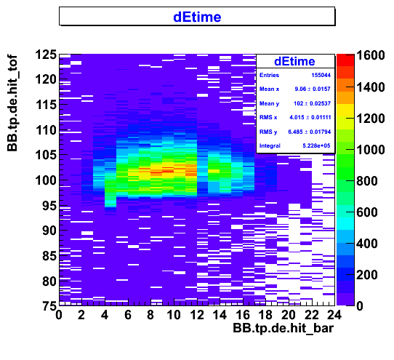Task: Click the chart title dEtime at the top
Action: (x=197, y=17)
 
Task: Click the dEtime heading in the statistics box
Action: (x=294, y=61)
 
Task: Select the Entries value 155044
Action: (x=321, y=75)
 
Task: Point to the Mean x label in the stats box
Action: (x=269, y=89)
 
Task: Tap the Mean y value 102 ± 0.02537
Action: (x=312, y=103)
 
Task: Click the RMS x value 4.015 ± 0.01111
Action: (x=310, y=117)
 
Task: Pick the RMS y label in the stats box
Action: (x=268, y=132)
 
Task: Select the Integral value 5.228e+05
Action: (x=316, y=145)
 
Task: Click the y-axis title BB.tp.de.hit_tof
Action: (x=12, y=103)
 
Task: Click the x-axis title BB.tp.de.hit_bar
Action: (x=284, y=328)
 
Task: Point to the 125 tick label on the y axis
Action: (x=46, y=55)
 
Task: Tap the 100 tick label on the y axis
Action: (x=46, y=180)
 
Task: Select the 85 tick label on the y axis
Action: (x=49, y=256)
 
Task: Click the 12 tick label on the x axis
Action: (x=197, y=315)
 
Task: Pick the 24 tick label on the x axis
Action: (x=334, y=315)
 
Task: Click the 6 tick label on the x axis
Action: (x=128, y=315)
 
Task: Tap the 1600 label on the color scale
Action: (x=371, y=55)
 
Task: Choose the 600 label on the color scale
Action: (x=367, y=212)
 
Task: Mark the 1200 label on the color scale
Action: (x=371, y=118)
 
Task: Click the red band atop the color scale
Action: (x=345, y=60)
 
